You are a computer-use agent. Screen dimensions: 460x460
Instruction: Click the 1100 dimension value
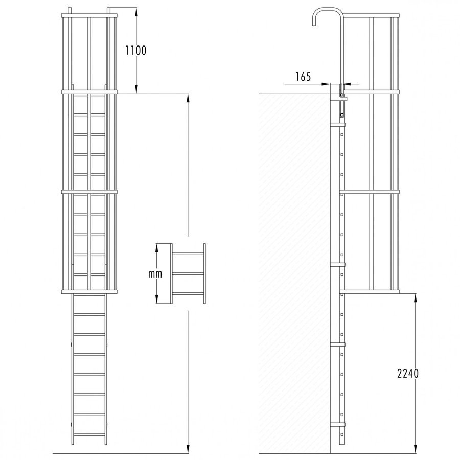pos(136,51)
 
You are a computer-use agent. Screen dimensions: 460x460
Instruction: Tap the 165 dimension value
pos(303,77)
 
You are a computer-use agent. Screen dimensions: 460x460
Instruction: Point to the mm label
pos(155,274)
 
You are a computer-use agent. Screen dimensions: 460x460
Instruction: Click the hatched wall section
pos(294,271)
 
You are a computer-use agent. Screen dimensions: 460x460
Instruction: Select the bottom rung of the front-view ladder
pos(89,434)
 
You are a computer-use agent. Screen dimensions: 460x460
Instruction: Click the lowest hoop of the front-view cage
pos(89,291)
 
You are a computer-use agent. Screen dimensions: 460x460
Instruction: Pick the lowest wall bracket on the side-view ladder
pos(338,425)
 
